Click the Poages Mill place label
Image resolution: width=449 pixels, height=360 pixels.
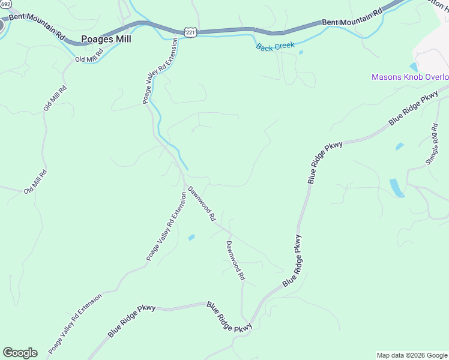pos(106,39)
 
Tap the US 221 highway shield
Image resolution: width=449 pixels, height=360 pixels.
pos(190,32)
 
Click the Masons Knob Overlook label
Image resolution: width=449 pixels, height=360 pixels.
pos(410,77)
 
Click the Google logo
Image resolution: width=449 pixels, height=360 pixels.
pos(20,353)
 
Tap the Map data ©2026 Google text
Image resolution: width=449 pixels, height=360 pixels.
pos(412,355)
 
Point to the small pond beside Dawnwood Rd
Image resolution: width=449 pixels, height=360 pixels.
pos(191,238)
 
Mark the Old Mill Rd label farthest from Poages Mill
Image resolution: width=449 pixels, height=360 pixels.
pos(35,181)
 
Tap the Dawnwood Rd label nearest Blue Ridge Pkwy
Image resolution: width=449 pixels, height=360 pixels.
pos(236,261)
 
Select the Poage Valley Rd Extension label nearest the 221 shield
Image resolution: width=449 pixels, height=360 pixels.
pos(160,71)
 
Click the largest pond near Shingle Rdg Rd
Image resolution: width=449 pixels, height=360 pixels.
pos(397,187)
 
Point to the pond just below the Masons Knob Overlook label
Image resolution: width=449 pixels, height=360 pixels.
pos(414,67)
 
